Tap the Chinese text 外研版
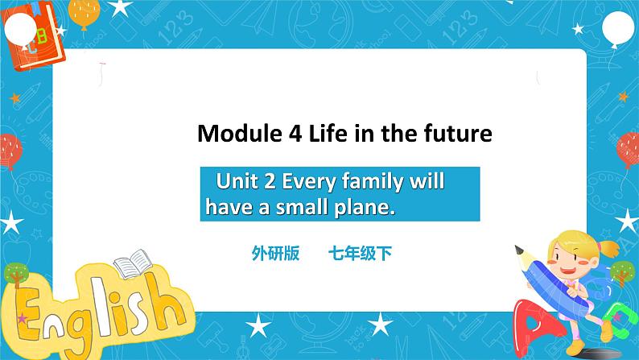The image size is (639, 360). click(x=275, y=254)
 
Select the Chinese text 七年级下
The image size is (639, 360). click(x=359, y=254)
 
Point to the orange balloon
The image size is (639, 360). click(x=85, y=12)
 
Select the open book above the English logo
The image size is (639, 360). click(x=130, y=267)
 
